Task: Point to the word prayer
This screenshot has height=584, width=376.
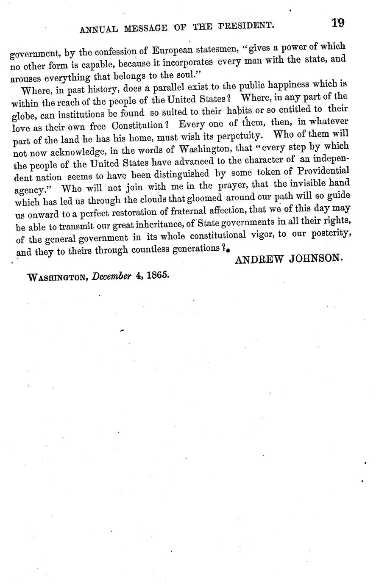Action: point(231,185)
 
